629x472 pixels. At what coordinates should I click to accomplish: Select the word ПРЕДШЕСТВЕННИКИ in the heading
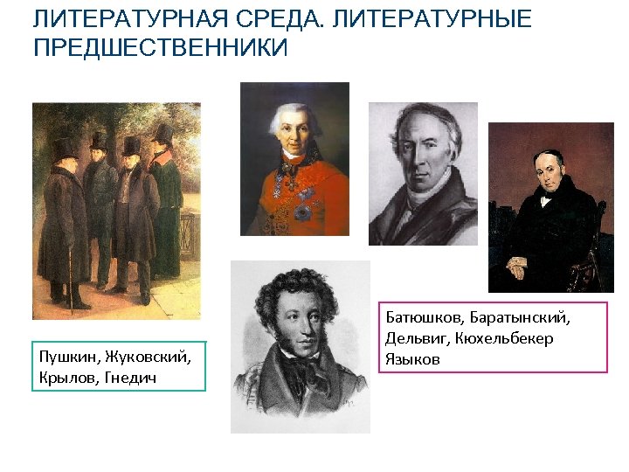coord(160,48)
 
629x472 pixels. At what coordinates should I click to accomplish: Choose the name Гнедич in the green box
coord(131,376)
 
